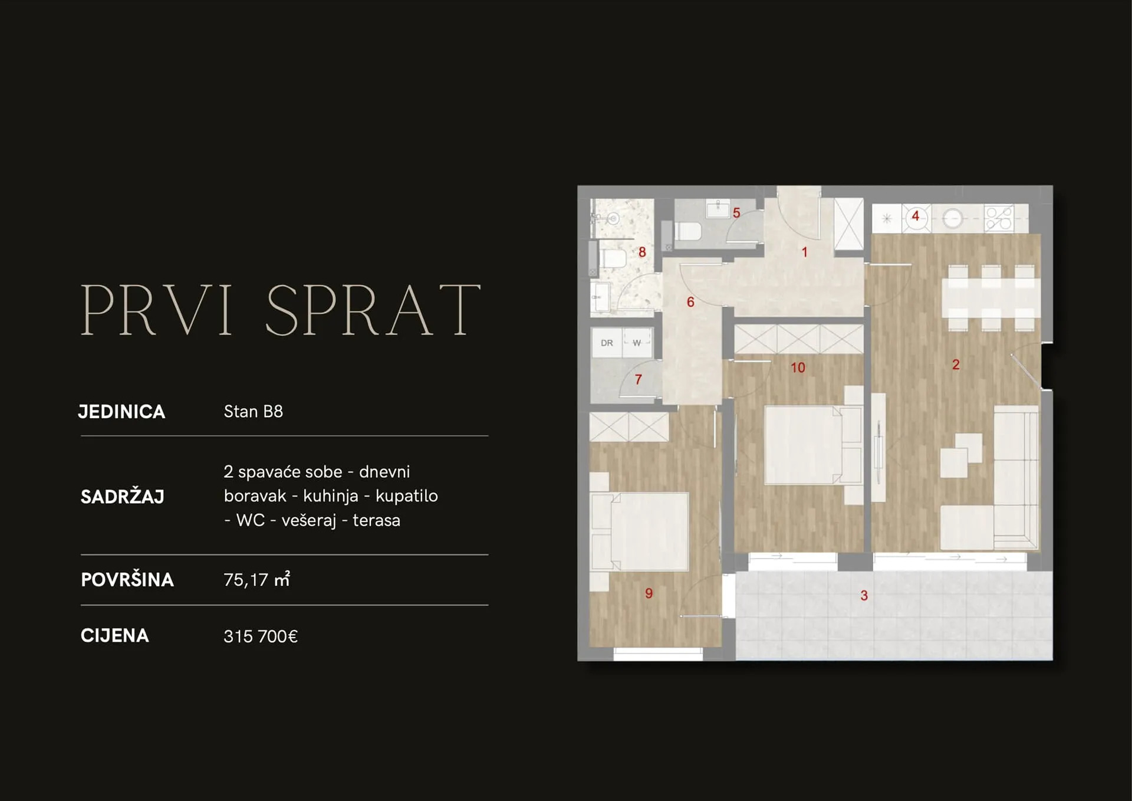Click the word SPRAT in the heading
(x=374, y=310)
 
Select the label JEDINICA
(x=122, y=412)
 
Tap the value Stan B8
(x=254, y=411)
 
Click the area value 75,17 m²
(x=257, y=579)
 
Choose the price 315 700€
(x=261, y=636)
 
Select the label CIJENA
(x=115, y=636)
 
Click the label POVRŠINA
(x=127, y=579)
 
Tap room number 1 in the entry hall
(x=804, y=252)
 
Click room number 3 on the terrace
(x=864, y=596)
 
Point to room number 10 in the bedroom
(x=798, y=368)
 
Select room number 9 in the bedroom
(x=649, y=593)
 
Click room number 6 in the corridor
(x=690, y=303)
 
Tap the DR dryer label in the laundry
(x=607, y=343)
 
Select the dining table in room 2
(x=990, y=298)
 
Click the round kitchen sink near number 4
(x=952, y=219)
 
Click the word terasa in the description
(x=376, y=520)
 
